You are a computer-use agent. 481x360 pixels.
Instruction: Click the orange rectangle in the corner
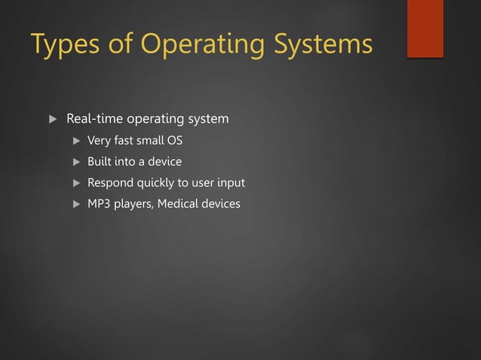425,29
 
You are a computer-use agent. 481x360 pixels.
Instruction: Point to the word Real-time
95,119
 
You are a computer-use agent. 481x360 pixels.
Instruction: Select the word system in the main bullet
209,119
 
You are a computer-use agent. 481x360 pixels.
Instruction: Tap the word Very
99,141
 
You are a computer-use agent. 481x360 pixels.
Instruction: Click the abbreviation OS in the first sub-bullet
174,141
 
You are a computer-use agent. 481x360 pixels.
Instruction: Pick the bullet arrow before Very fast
75,141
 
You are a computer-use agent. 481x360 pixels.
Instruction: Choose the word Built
100,162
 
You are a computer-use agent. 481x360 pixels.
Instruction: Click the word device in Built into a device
164,162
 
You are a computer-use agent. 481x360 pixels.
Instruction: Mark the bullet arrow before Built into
75,162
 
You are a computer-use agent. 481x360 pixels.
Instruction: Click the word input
230,183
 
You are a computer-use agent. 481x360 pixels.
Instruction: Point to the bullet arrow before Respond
75,183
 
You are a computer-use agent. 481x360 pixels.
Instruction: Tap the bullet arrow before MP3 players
75,204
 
